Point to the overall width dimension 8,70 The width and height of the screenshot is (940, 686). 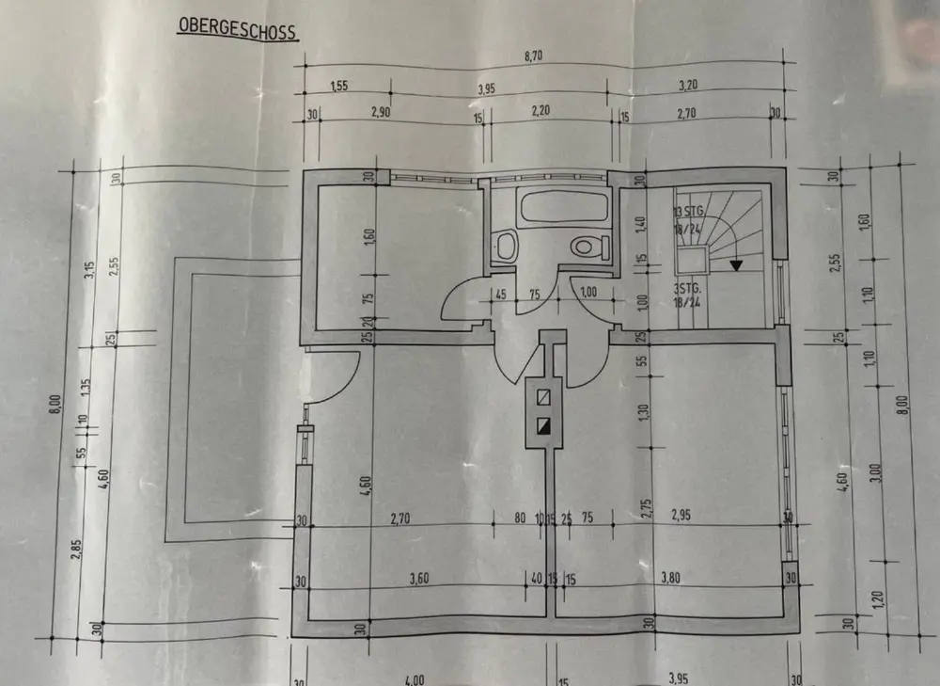point(533,56)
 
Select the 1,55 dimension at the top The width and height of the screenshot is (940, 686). point(339,87)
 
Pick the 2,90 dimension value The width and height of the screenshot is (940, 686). point(381,112)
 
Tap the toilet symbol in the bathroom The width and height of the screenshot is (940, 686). point(587,248)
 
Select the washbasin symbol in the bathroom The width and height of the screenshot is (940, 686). point(507,247)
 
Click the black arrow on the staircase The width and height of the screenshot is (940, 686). point(736,265)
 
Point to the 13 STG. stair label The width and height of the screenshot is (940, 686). point(689,211)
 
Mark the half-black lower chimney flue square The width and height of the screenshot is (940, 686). point(542,425)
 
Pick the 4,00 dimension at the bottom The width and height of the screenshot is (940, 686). point(414,679)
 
